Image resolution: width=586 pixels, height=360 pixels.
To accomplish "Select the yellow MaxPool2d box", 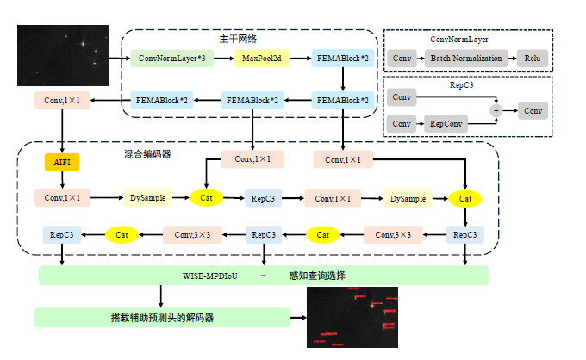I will (x=260, y=59).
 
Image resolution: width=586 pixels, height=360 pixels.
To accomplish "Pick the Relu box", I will (x=531, y=59).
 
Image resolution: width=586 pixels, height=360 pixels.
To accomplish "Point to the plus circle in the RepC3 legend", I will (x=496, y=110).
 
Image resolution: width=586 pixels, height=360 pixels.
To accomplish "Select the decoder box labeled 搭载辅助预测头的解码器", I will (x=162, y=318).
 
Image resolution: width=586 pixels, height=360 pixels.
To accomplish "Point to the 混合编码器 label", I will (x=147, y=154).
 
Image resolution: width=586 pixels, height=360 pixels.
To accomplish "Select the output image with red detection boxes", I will (x=352, y=317).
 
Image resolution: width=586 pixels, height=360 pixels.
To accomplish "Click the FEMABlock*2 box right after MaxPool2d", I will (x=342, y=59).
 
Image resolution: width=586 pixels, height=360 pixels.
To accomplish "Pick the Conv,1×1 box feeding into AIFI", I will (x=61, y=100).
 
